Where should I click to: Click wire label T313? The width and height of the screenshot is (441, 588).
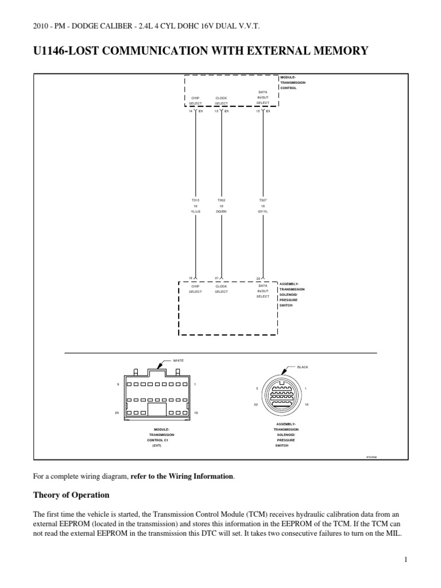tap(195, 200)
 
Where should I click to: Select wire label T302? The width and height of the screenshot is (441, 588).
tap(221, 200)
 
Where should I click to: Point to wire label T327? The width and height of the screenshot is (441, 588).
tap(263, 200)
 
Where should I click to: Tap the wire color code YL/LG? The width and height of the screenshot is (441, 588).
tap(195, 211)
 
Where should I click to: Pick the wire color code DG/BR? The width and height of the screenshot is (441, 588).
tap(221, 211)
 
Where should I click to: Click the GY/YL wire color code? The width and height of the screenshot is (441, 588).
tap(263, 211)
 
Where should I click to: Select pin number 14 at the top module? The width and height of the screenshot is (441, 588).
tap(191, 111)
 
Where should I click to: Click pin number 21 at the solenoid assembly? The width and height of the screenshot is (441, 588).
tap(216, 278)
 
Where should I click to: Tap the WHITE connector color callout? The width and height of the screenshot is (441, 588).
tap(178, 360)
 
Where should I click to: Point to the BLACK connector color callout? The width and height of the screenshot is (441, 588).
tap(303, 366)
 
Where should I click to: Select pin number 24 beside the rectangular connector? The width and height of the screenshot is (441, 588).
tap(118, 412)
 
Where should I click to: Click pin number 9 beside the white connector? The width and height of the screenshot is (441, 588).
tap(118, 384)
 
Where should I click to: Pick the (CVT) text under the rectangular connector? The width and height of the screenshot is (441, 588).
tap(157, 445)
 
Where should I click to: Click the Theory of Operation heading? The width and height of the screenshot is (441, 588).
tap(71, 494)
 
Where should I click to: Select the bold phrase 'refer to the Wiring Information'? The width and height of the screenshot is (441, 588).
tap(183, 476)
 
